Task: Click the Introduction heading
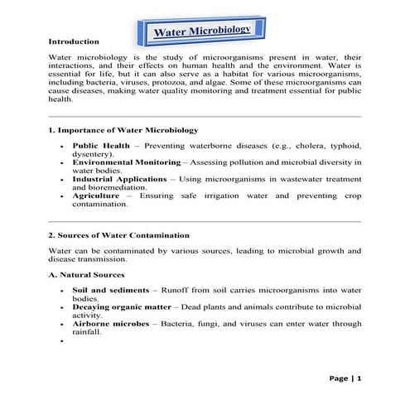(x=74, y=41)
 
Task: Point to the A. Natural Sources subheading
(x=87, y=274)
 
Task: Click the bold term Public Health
(x=99, y=144)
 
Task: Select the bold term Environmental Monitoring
(x=119, y=162)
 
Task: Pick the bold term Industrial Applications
(x=114, y=178)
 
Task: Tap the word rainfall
(x=86, y=331)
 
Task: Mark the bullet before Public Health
(x=62, y=145)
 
